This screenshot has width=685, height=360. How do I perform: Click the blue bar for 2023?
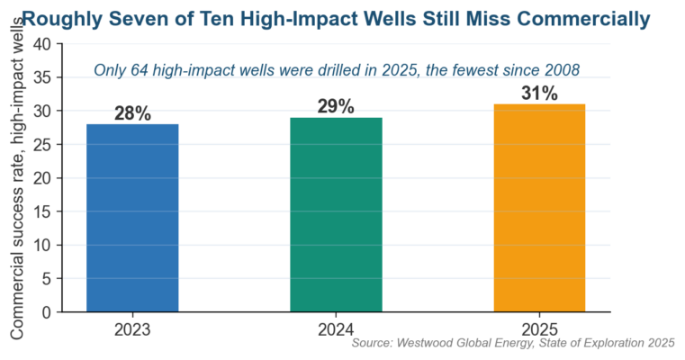[x=132, y=218]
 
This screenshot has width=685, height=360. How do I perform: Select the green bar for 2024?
[x=336, y=214]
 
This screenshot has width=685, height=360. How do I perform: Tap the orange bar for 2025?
[x=539, y=208]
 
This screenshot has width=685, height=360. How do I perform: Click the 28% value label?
[x=132, y=113]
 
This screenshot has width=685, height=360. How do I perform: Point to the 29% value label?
[x=336, y=106]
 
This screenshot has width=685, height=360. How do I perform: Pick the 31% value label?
[x=539, y=94]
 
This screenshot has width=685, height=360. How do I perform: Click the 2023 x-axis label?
[x=132, y=330]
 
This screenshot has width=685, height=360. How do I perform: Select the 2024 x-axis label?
[x=336, y=330]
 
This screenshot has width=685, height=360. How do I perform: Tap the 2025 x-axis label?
[x=539, y=330]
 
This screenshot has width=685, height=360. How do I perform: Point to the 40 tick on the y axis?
[x=43, y=44]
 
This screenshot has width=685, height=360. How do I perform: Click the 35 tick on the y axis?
[x=43, y=77]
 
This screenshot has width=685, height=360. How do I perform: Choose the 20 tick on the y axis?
[x=43, y=178]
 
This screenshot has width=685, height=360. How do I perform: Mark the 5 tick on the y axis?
[x=47, y=279]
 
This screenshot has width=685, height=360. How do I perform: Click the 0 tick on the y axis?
[x=47, y=312]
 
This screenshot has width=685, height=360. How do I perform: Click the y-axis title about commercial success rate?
[x=16, y=178]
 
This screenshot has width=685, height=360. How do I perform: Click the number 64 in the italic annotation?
[x=140, y=70]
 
